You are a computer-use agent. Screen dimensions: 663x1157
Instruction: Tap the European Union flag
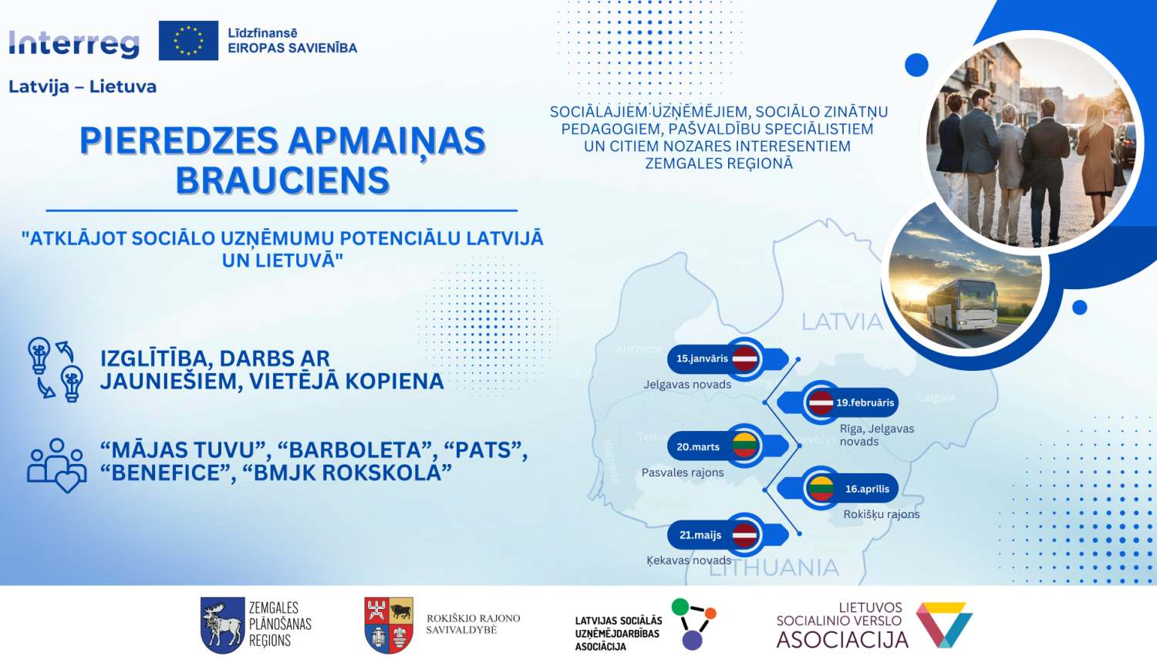(x=188, y=41)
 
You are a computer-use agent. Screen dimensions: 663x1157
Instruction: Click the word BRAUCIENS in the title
(x=282, y=181)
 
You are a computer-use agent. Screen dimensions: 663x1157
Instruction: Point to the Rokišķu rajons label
(x=881, y=514)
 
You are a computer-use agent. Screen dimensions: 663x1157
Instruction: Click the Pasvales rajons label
(x=683, y=473)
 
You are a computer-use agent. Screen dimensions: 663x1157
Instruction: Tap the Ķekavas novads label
(x=689, y=560)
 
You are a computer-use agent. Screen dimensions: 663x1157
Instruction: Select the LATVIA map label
(x=842, y=322)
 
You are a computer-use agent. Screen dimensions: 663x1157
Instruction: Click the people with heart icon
(x=56, y=464)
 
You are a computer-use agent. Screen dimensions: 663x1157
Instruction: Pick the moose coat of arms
(x=222, y=625)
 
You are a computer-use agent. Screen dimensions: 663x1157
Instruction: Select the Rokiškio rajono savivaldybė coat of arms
(x=389, y=624)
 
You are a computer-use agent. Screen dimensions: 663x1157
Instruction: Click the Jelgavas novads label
(x=687, y=385)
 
